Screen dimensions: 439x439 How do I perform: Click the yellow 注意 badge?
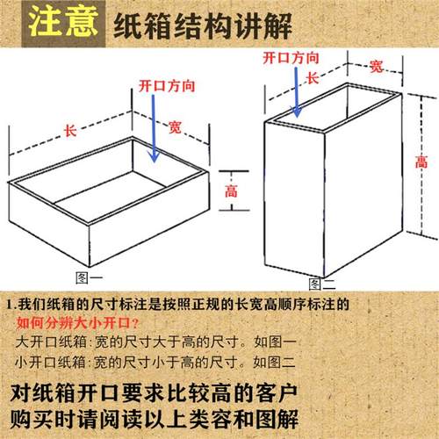tap(61, 23)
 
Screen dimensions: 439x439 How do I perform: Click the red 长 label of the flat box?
tap(70, 131)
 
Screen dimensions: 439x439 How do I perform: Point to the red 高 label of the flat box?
tap(231, 191)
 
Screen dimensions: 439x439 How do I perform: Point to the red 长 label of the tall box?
tap(311, 77)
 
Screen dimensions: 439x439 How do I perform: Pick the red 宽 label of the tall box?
tap(376, 66)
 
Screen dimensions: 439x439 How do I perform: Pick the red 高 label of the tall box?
tap(421, 162)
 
